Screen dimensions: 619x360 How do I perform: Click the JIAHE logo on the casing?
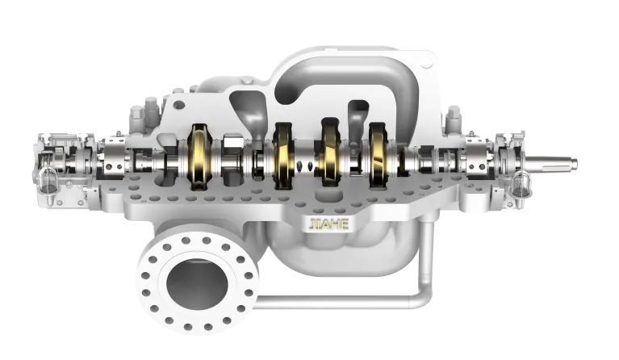(328, 224)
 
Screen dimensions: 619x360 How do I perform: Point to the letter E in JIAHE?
(345, 224)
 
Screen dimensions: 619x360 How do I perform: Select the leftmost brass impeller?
(200, 157)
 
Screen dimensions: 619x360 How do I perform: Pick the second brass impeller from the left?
(283, 155)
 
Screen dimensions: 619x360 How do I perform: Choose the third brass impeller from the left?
(331, 152)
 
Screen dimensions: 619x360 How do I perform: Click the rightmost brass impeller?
(379, 155)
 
